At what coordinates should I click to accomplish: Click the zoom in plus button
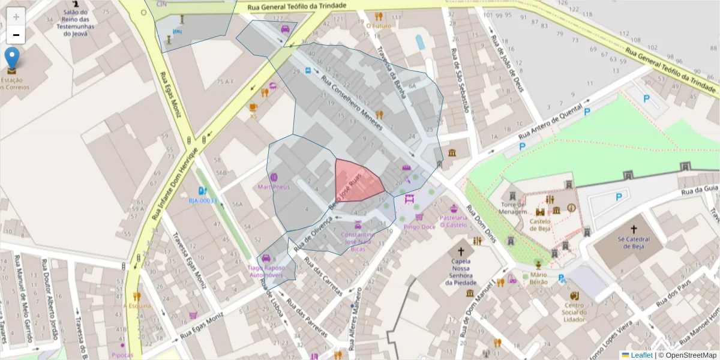[16, 17]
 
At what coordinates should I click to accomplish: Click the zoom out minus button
[16, 35]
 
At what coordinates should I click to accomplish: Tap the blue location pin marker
[11, 60]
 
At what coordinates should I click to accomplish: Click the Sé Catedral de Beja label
[634, 242]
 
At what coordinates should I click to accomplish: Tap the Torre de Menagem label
[513, 208]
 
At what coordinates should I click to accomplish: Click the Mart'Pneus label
[274, 187]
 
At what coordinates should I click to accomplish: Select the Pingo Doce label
[419, 227]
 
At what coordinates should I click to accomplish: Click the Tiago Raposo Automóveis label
[266, 271]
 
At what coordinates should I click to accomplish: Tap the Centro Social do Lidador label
[574, 312]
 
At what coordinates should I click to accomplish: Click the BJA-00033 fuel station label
[202, 200]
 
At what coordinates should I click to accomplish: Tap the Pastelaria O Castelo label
[453, 221]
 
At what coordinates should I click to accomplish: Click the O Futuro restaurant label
[379, 26]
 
